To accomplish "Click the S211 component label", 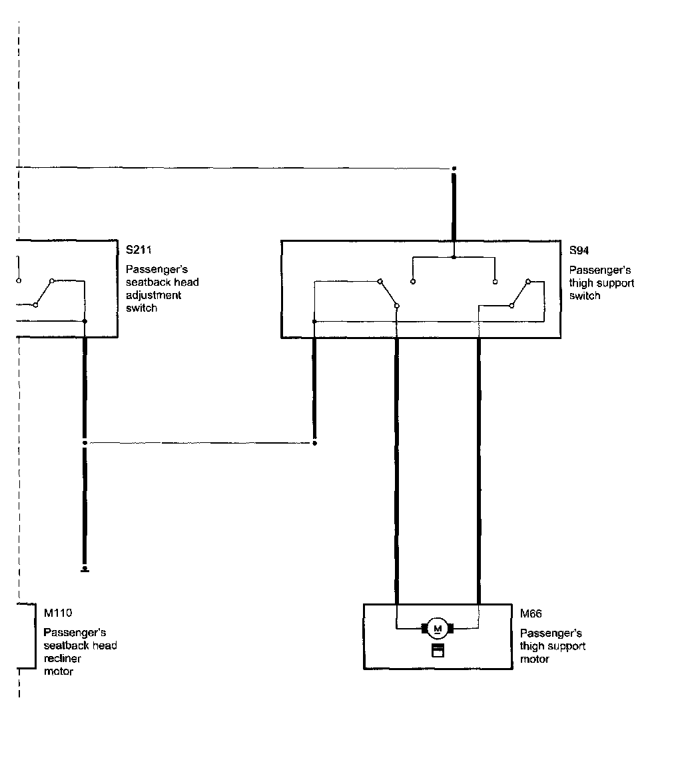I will click(139, 250).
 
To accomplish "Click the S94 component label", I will click(579, 250).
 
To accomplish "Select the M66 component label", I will click(531, 613).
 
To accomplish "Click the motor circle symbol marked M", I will click(438, 628).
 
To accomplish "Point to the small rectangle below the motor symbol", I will click(438, 651).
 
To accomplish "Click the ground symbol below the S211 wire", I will click(85, 569).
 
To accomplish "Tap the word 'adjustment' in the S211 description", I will click(153, 295).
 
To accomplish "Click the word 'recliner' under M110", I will click(63, 659).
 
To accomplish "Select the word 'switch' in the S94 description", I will click(585, 296).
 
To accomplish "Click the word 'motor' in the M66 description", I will click(535, 659).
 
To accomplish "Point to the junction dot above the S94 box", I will click(454, 169).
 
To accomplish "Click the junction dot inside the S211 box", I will click(85, 321).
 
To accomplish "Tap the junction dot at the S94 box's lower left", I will click(314, 321).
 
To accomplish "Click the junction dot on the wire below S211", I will click(85, 442).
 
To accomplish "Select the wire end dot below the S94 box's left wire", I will click(315, 442).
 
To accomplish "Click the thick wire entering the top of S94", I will click(454, 206).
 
